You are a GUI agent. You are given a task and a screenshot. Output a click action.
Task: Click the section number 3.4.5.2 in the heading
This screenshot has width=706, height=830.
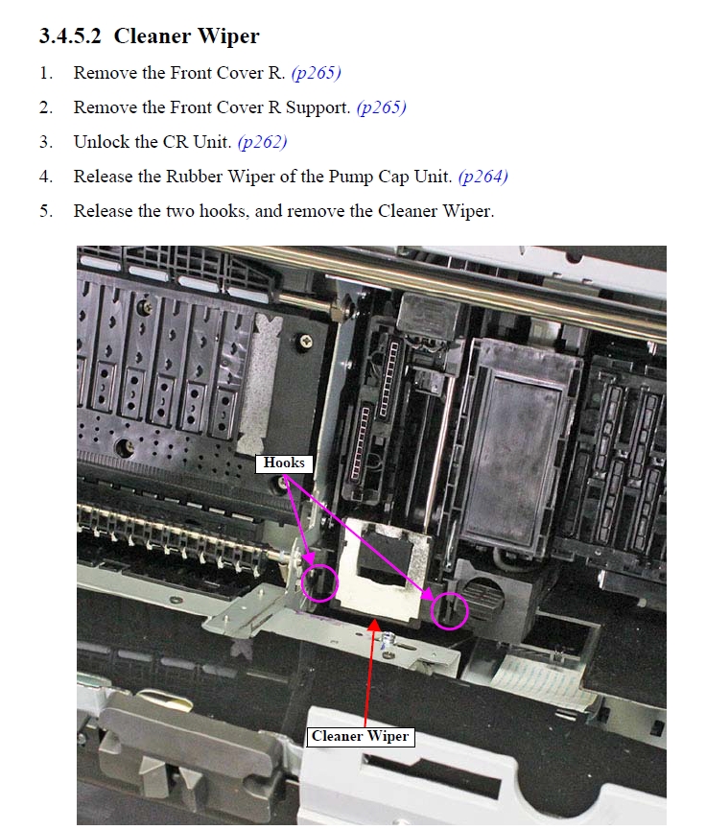tap(70, 36)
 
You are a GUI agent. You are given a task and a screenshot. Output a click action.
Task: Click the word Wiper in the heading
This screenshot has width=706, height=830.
tap(228, 36)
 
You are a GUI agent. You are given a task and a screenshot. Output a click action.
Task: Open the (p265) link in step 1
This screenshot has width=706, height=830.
tap(316, 73)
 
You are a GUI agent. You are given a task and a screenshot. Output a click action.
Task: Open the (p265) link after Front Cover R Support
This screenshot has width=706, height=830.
tap(382, 107)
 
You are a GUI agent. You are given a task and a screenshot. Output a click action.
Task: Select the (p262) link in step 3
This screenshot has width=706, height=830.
tap(263, 142)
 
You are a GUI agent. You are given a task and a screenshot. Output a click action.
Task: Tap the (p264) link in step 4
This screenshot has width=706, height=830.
tap(483, 177)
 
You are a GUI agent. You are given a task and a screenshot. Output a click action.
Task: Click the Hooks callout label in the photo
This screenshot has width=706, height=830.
tap(284, 463)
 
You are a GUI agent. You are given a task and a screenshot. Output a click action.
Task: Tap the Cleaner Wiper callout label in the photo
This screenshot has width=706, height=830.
tap(361, 736)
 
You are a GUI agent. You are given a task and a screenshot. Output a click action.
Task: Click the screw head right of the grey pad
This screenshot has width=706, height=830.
tap(305, 341)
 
